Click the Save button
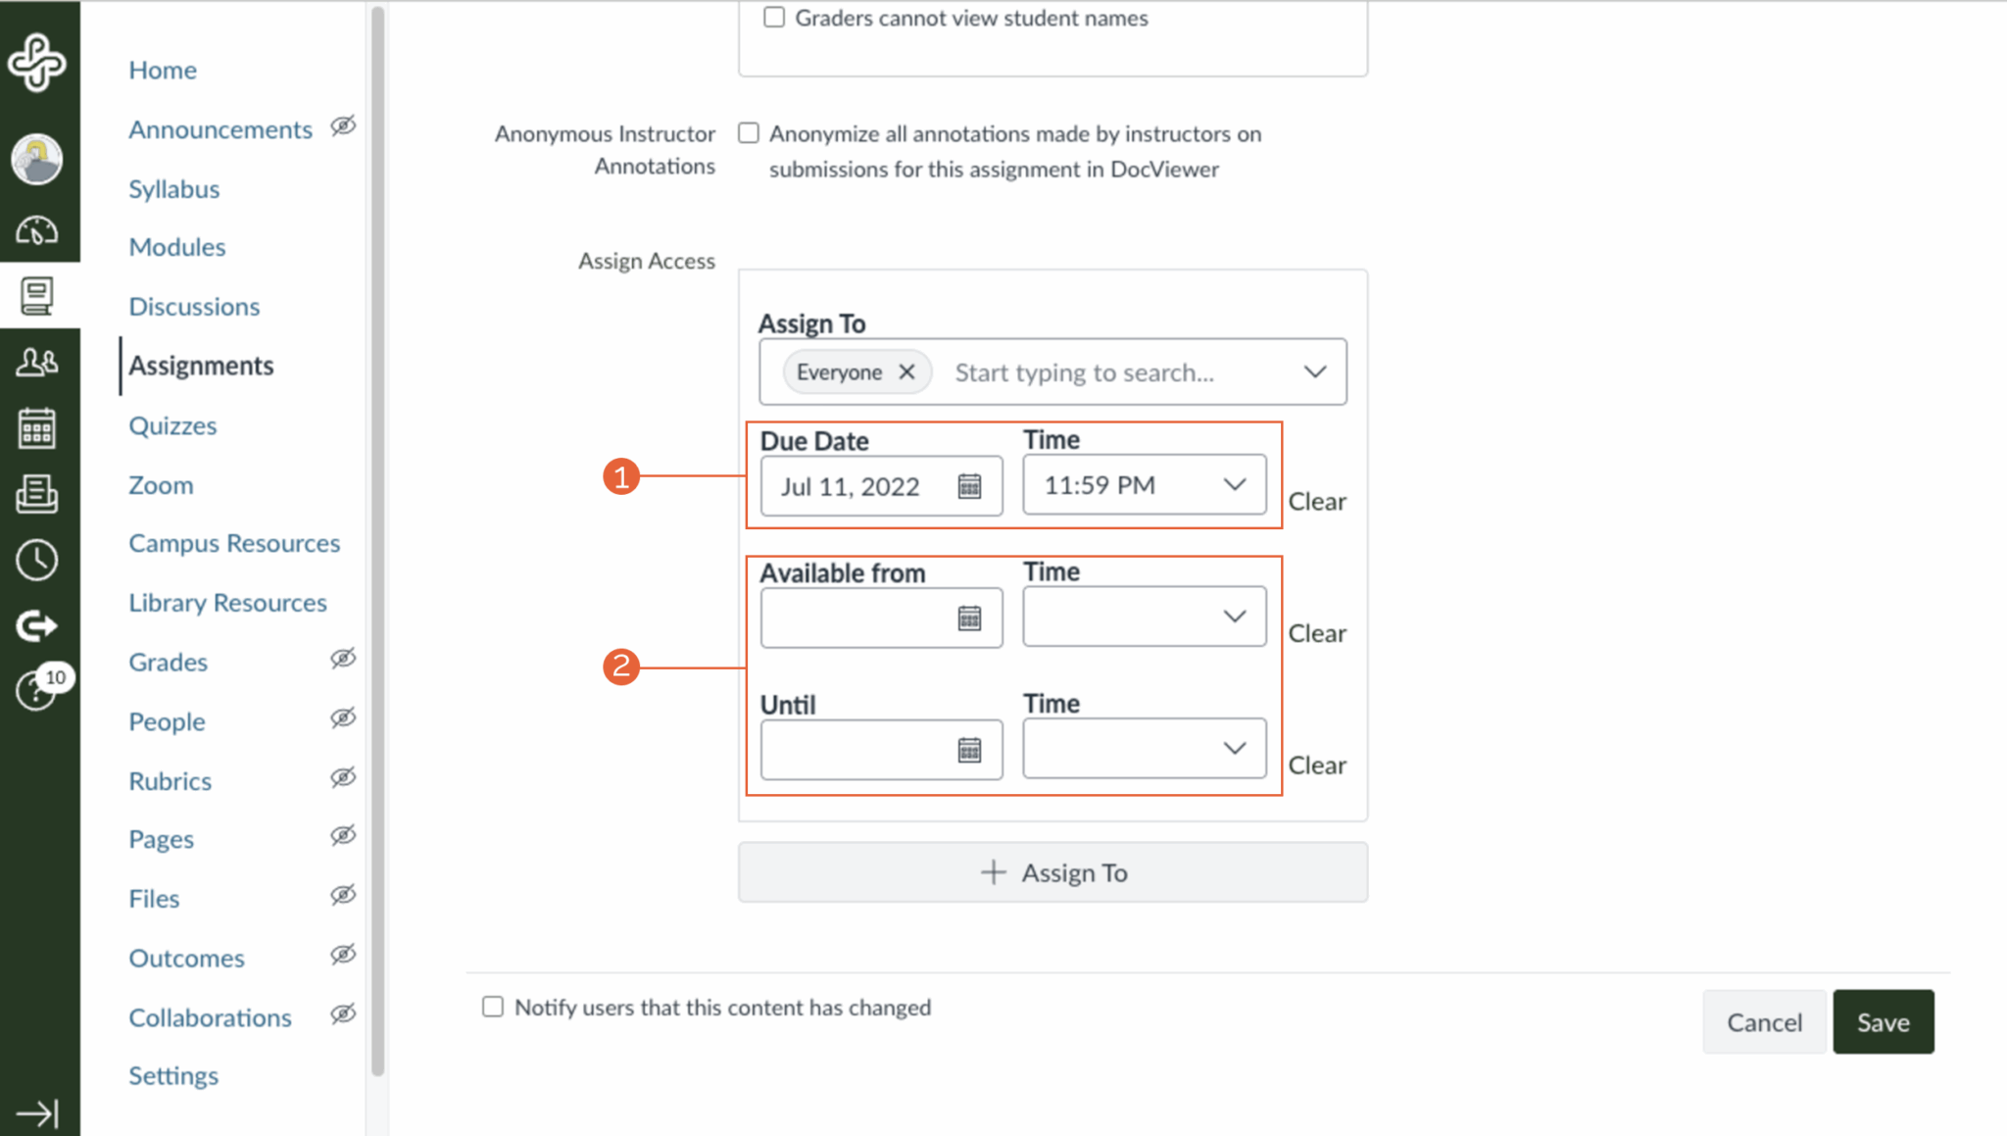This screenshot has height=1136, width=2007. (x=1883, y=1022)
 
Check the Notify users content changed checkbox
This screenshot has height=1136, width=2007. (x=493, y=1007)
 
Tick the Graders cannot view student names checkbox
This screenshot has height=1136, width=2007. (x=774, y=18)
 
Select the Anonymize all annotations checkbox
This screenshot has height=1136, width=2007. (x=749, y=133)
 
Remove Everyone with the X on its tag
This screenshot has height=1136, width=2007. (x=906, y=372)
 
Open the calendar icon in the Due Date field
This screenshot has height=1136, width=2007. (x=969, y=486)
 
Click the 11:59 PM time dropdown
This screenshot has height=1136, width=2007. (x=1144, y=485)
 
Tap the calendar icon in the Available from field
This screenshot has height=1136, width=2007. (x=969, y=618)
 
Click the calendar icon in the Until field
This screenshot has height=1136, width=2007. (x=969, y=751)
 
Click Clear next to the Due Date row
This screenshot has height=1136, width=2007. (x=1316, y=502)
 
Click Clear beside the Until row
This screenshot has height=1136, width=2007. (x=1316, y=766)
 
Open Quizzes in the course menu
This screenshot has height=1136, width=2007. (x=172, y=426)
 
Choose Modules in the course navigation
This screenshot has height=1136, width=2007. (x=177, y=247)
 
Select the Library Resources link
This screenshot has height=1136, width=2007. (x=227, y=603)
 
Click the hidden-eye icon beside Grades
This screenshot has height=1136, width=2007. (x=343, y=659)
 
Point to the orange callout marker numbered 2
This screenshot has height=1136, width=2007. (x=621, y=667)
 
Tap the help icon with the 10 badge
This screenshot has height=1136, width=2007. (x=35, y=691)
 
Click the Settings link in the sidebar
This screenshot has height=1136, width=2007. (x=173, y=1076)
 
